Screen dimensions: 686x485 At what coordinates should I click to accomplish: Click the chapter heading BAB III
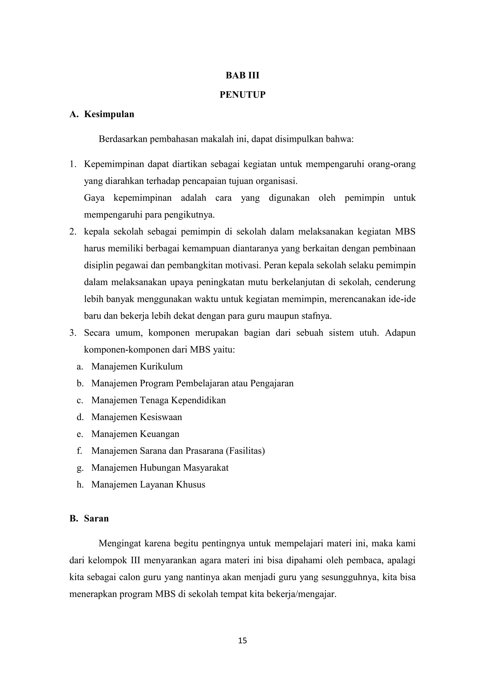[242, 75]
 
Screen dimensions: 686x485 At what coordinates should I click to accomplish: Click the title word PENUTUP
[242, 95]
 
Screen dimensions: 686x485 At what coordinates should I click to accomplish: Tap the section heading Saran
[96, 518]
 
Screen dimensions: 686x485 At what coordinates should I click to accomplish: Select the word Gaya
[94, 198]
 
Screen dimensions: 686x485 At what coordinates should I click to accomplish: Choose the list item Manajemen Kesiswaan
[136, 417]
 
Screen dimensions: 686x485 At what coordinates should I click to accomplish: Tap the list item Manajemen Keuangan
[135, 434]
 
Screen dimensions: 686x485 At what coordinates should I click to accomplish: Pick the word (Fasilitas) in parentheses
[245, 451]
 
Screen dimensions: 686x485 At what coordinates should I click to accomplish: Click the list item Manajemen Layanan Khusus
[148, 484]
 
